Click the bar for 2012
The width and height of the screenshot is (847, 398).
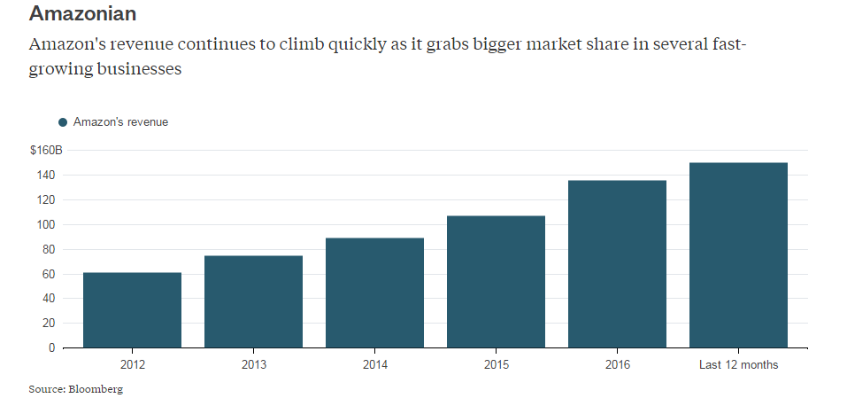pos(132,310)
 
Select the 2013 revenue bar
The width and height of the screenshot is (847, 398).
pos(253,301)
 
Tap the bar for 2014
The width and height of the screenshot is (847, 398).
pos(374,293)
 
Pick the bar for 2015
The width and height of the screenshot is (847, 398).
pos(496,282)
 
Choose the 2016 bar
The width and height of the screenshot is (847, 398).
pos(617,264)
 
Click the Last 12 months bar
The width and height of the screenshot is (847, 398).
pos(738,255)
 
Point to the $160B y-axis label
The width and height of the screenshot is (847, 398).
pos(46,151)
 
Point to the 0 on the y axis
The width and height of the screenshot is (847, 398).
pos(52,348)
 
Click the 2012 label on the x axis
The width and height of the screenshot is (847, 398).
pos(132,365)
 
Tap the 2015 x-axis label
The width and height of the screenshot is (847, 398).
pos(496,365)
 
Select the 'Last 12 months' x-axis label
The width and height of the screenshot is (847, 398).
pos(738,365)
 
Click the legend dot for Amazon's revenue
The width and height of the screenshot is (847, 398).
pos(63,122)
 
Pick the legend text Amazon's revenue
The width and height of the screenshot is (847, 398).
pos(120,122)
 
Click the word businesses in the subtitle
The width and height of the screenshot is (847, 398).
pos(129,68)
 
